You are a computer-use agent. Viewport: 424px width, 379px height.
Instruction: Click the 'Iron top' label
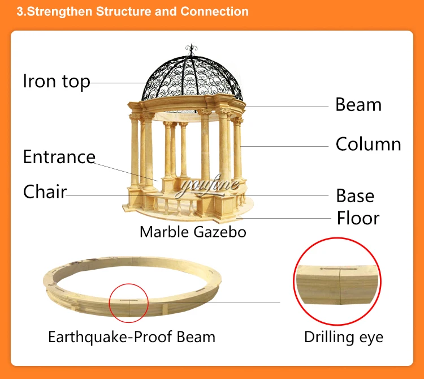[56, 82]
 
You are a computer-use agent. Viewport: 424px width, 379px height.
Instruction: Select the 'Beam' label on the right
[358, 105]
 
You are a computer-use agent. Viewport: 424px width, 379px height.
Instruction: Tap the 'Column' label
[368, 144]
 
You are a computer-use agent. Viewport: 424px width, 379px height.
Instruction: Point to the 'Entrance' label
[59, 157]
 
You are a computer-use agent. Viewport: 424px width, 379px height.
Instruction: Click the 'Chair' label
[44, 191]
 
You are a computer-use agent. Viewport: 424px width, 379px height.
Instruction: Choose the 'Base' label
[355, 196]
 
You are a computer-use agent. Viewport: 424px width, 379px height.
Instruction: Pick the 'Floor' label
[358, 218]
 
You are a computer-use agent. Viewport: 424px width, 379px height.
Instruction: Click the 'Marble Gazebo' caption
[193, 232]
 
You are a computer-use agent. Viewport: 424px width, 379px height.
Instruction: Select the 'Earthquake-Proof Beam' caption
[131, 337]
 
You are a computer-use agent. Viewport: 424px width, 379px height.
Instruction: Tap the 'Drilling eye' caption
[343, 337]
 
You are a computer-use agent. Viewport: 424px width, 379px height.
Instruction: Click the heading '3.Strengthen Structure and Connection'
[132, 11]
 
